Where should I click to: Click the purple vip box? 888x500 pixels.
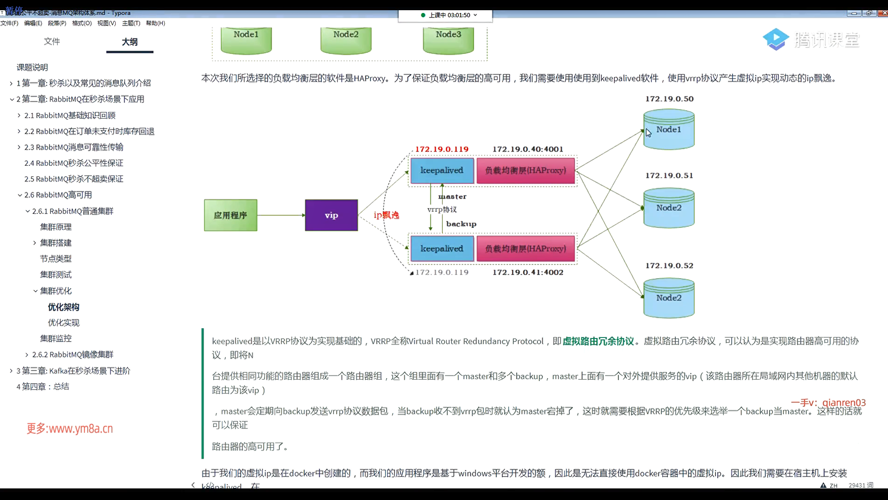click(x=331, y=215)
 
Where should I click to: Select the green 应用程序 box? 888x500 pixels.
click(x=230, y=215)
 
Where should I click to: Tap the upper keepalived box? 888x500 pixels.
click(x=442, y=170)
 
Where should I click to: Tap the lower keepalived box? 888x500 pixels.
click(x=442, y=249)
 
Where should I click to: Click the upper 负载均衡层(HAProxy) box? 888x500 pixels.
click(x=525, y=170)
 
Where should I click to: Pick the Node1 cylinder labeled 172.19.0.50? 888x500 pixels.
click(x=669, y=130)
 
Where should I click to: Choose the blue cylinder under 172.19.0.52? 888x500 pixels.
click(x=669, y=298)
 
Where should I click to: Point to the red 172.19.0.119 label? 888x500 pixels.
click(x=442, y=149)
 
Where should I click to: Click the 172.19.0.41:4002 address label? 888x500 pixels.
click(x=528, y=272)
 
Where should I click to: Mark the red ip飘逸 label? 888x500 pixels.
click(x=386, y=215)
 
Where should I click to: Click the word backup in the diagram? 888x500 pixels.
click(x=461, y=224)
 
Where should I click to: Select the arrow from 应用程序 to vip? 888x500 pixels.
click(x=281, y=215)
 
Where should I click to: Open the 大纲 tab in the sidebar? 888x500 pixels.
click(x=129, y=42)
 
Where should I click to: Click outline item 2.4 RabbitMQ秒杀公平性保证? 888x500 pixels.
click(x=74, y=163)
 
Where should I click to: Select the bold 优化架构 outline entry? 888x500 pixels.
click(x=63, y=307)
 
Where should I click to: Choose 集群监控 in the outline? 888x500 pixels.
click(x=55, y=338)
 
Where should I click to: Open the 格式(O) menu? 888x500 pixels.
click(x=82, y=23)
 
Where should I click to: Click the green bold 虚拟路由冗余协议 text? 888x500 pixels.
click(x=598, y=341)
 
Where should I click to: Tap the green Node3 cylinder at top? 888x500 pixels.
click(x=448, y=40)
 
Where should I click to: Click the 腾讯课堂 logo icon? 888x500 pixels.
click(x=776, y=39)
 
